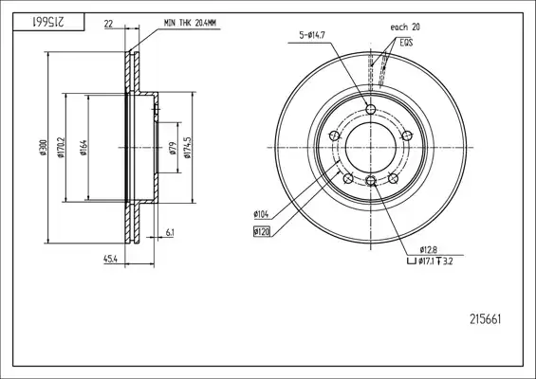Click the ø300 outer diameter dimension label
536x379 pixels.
[44, 148]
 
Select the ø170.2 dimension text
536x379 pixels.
[61, 148]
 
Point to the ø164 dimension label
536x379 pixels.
[83, 148]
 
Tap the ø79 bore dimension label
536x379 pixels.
[173, 148]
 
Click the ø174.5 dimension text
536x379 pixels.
[187, 148]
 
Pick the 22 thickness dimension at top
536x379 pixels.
[108, 24]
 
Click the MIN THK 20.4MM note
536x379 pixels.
[190, 23]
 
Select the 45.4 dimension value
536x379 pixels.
[110, 260]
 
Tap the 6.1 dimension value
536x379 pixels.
[170, 233]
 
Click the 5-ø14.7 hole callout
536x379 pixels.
[312, 35]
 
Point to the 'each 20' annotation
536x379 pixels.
[405, 27]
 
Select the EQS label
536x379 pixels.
[406, 43]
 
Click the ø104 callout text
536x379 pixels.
[261, 214]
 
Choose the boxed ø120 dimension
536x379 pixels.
[262, 232]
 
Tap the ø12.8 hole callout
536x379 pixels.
[428, 249]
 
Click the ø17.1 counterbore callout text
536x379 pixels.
[427, 262]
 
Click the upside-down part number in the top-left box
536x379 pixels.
[48, 22]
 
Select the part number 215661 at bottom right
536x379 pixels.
[485, 319]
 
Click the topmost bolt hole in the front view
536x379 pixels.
[371, 110]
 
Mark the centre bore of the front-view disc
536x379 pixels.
[371, 148]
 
